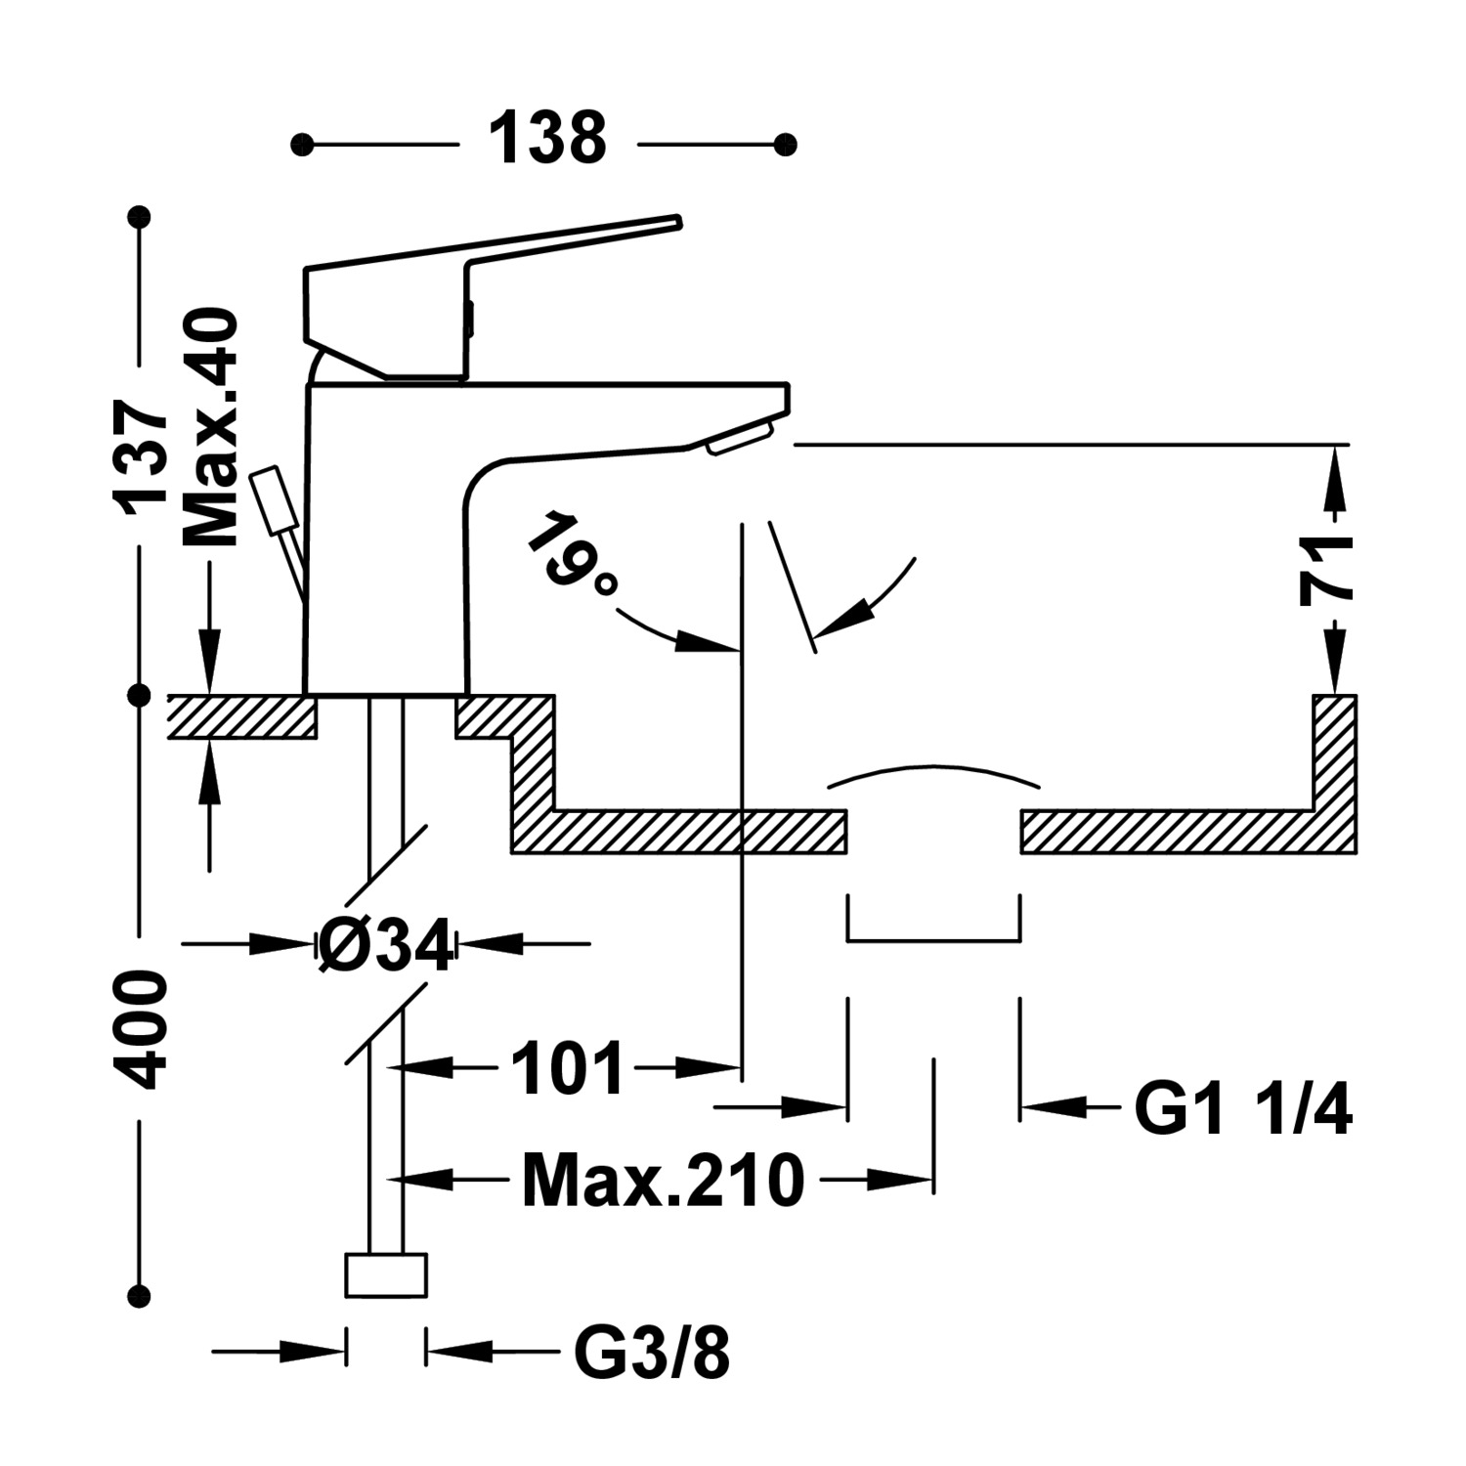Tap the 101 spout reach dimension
click(567, 1068)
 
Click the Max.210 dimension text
click(663, 1181)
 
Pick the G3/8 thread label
click(652, 1354)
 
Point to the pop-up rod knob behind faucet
click(273, 500)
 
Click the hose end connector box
click(386, 1275)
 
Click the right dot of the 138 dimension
click(784, 145)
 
